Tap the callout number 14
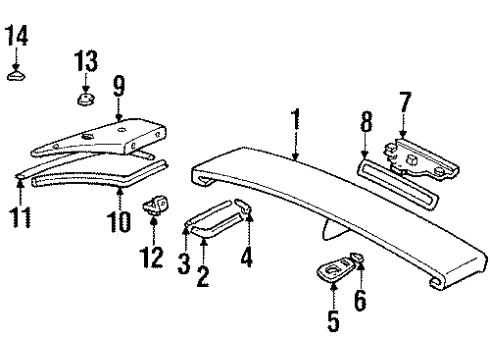[17, 39]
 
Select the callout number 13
[86, 59]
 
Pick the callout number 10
[120, 220]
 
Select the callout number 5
[334, 322]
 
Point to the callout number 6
[361, 299]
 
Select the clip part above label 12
[154, 206]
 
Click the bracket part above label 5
[335, 269]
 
